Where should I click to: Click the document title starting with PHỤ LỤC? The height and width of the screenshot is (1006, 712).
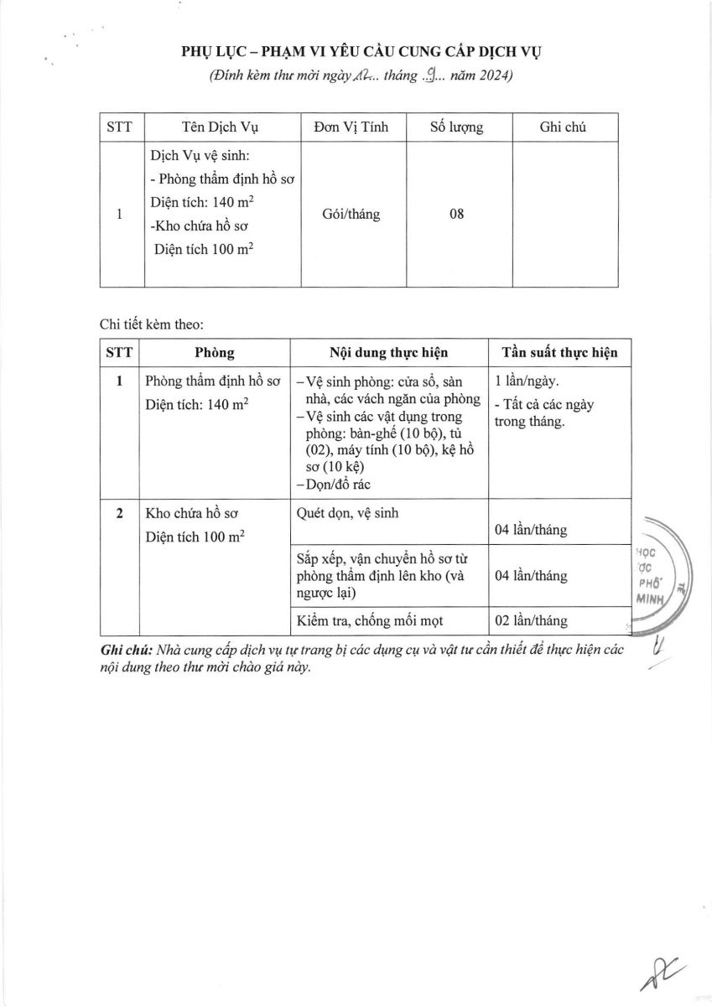click(362, 52)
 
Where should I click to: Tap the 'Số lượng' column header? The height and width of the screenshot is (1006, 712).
click(456, 127)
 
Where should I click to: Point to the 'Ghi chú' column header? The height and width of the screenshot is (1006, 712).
click(563, 127)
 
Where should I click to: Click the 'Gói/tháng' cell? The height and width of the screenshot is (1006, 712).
click(351, 214)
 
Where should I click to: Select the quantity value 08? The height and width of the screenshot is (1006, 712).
click(456, 214)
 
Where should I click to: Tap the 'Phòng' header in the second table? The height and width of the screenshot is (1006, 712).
click(215, 352)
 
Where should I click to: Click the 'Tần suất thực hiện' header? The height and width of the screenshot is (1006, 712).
click(559, 352)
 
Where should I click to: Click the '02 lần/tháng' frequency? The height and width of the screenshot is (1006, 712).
click(531, 621)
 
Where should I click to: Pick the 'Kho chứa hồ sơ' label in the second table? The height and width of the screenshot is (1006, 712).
click(188, 513)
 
